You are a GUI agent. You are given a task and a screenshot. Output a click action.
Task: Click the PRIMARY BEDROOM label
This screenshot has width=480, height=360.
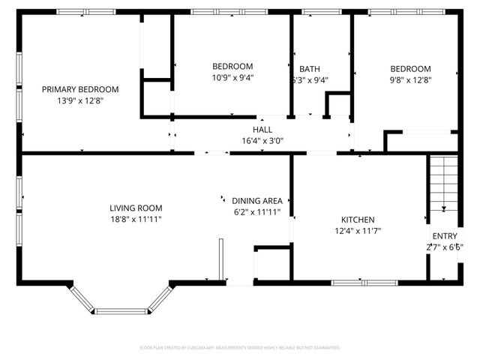tap(79, 89)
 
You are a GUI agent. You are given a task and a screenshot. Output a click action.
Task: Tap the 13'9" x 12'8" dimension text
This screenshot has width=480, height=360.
tap(79, 100)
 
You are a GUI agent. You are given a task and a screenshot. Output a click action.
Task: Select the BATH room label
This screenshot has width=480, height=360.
tap(309, 68)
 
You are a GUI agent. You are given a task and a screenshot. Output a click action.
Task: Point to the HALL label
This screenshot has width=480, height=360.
tap(262, 130)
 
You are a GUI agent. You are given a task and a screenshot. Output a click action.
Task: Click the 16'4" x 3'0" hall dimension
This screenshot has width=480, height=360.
tap(262, 140)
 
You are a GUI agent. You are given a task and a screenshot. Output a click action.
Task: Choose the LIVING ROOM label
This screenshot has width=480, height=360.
tap(136, 208)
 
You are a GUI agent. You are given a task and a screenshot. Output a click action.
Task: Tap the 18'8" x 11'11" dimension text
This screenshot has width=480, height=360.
tap(136, 219)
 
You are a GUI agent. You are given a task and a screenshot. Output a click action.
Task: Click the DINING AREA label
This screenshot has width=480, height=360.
tap(256, 200)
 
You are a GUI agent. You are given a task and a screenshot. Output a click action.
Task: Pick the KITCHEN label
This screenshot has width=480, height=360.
tap(357, 220)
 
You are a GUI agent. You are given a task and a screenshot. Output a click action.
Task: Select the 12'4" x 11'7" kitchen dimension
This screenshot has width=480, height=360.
tap(357, 231)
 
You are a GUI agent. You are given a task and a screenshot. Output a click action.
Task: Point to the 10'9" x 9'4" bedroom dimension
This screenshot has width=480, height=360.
tap(232, 77)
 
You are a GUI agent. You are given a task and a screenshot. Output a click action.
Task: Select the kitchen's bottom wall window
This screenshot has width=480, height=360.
tap(355, 283)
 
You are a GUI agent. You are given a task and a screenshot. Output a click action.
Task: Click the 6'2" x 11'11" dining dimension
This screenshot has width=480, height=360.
tap(256, 211)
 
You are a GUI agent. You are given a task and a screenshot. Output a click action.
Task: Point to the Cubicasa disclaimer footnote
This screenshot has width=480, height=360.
tap(240, 348)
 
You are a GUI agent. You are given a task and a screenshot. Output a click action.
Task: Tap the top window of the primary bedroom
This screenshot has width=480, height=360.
tap(81, 11)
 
